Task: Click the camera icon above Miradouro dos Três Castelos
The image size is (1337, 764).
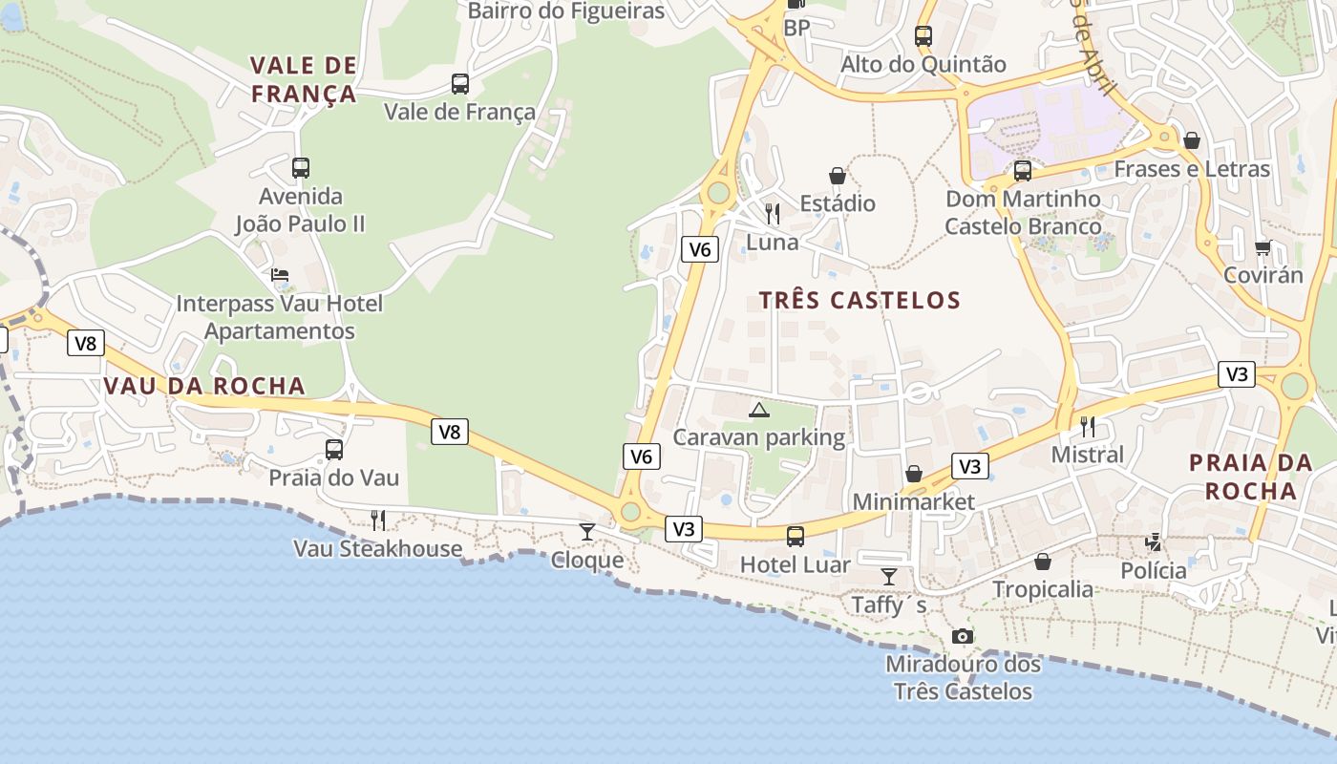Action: coord(963,636)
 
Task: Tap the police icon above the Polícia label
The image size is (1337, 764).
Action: coord(1154,542)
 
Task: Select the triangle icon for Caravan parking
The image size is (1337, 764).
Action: coord(759,411)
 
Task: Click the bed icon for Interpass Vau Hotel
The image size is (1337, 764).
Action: coord(280,275)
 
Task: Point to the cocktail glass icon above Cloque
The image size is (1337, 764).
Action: coord(587,532)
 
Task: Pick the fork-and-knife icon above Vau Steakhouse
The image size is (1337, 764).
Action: coord(378,520)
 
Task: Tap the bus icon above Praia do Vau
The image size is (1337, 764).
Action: coord(333,449)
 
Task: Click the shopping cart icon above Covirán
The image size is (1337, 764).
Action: coord(1263,247)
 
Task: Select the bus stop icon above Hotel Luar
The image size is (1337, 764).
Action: coord(796,537)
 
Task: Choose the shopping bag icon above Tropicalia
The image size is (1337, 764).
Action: coord(1043,562)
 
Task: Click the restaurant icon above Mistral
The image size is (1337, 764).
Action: coord(1087,426)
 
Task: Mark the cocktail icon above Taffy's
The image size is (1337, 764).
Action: coord(889,576)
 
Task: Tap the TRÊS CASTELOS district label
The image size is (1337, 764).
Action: coord(859,300)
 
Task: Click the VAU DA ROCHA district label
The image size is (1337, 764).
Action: coord(203,386)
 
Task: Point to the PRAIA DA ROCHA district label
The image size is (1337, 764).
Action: coord(1250,477)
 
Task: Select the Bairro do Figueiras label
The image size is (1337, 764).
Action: coord(565,11)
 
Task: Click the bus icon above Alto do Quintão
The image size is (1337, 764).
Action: coord(923,36)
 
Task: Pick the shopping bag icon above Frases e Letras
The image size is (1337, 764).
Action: coord(1192,140)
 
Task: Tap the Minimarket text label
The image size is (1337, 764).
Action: coord(913,501)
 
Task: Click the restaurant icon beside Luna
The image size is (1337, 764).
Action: coord(773,213)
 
